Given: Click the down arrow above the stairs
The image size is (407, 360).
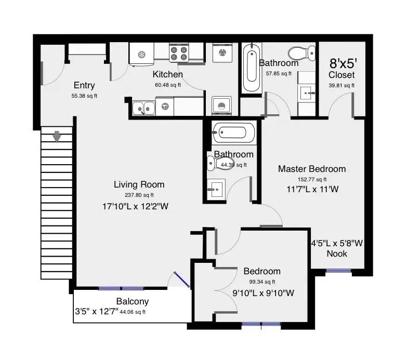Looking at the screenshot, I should coord(57,136).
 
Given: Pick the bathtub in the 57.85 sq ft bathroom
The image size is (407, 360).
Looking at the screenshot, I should coord(252,66).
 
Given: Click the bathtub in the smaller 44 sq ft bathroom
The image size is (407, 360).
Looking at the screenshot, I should coord(234,134).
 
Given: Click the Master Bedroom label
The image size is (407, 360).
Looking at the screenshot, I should coord(311,169).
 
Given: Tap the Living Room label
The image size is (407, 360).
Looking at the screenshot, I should coord(139,184).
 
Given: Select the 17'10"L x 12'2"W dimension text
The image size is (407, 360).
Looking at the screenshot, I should coord(136,206).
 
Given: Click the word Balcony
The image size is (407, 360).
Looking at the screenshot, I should coord(132,301).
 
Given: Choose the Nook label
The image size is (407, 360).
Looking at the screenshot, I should coord(337,254).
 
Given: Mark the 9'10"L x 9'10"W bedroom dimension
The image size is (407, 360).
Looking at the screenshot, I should coord(264,293).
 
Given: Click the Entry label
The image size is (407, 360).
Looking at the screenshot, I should coord(84,86).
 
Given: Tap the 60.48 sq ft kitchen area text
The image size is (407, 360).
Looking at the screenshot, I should coord(168,85).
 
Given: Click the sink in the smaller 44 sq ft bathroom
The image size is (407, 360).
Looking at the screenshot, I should coord(215,188).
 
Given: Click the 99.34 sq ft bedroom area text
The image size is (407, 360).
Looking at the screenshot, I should coord(261,282).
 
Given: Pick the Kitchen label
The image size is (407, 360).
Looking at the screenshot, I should coord(167,75).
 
